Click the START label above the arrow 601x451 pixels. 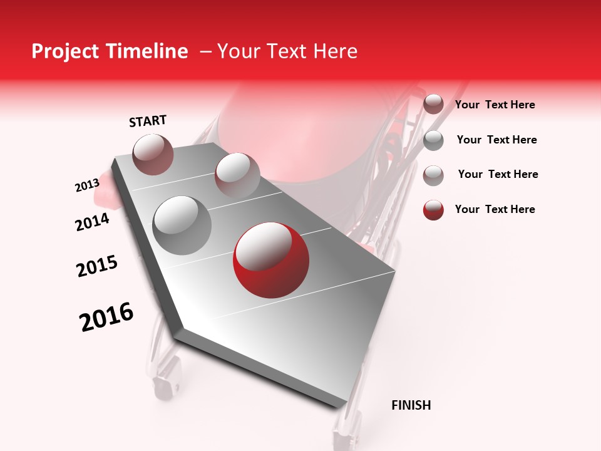click(148, 121)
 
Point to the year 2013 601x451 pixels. click(87, 185)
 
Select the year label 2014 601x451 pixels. click(93, 222)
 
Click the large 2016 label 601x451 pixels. click(107, 317)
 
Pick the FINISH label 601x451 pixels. click(411, 405)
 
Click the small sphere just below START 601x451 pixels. click(153, 154)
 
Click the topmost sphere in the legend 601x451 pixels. click(433, 105)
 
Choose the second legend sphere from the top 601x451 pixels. click(433, 140)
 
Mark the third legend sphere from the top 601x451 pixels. click(433, 175)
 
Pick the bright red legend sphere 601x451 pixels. click(433, 210)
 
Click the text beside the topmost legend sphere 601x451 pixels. click(495, 105)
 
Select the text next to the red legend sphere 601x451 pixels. click(495, 209)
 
